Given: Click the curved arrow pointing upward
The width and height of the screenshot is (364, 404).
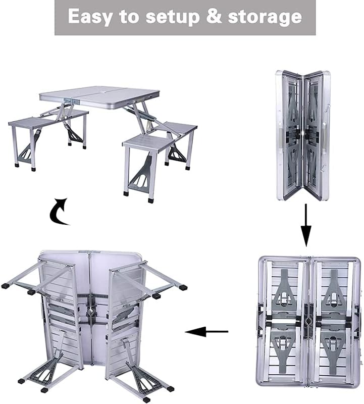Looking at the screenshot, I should (59, 211).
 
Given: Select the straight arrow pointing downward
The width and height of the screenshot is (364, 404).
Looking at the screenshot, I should (306, 225).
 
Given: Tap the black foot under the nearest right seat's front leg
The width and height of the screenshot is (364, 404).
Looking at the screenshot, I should (126, 193).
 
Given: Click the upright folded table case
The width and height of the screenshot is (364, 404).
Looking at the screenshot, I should (302, 135).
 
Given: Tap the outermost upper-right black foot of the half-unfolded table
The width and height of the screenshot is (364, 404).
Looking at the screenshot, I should (182, 287).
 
